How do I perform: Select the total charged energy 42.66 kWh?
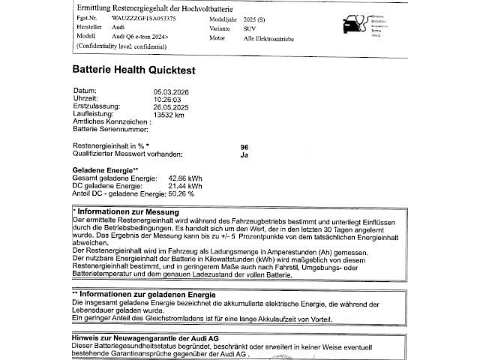[185, 178]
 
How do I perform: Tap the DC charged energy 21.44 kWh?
[185, 185]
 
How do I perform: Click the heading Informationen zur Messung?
[127, 212]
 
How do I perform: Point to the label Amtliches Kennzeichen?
[107, 121]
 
